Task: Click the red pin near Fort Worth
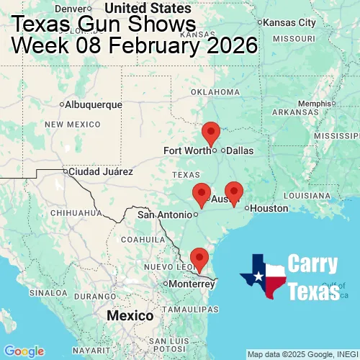tap(211, 133)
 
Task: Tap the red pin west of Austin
tap(202, 194)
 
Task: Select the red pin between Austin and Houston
tap(234, 193)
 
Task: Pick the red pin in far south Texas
tap(198, 258)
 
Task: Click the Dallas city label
tap(240, 150)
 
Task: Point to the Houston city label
tap(269, 208)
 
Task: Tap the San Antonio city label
tap(166, 214)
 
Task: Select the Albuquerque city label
tap(94, 104)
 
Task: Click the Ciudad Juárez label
tap(100, 172)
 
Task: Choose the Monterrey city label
tap(192, 284)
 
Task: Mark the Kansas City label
tap(290, 22)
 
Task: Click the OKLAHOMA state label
tap(215, 92)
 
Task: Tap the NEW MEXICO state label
tap(71, 125)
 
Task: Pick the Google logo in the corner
tap(23, 351)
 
